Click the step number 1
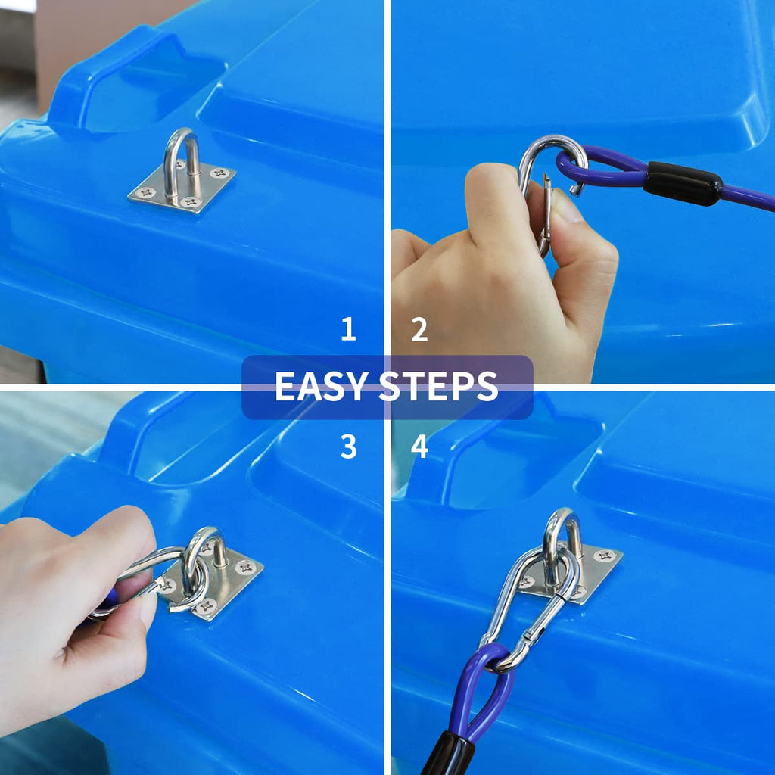click(x=348, y=328)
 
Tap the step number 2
click(x=419, y=329)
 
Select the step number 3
click(x=348, y=447)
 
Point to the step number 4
click(x=419, y=447)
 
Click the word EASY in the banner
click(x=321, y=386)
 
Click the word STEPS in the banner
click(x=438, y=386)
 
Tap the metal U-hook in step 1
click(x=182, y=164)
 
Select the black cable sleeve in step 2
click(x=683, y=183)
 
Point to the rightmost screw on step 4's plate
click(x=604, y=556)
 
